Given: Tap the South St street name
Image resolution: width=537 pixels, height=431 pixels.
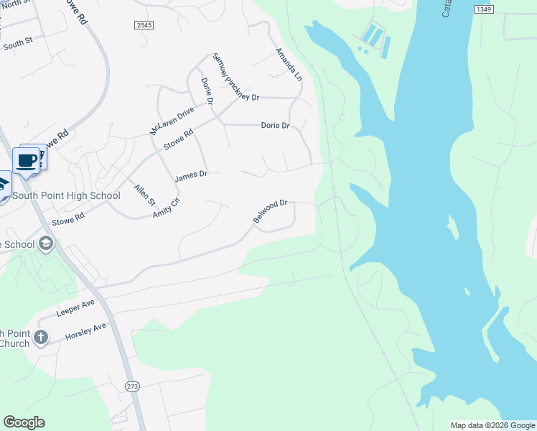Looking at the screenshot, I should [18, 43].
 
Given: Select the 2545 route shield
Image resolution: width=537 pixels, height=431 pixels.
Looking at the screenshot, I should [144, 24].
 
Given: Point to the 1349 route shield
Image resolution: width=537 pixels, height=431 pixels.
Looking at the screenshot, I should [483, 9].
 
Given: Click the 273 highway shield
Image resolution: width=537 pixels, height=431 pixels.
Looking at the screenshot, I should [132, 386].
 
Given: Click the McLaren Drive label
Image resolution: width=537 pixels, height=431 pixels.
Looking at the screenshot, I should [172, 121].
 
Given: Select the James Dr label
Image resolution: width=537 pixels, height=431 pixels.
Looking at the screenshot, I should [191, 175].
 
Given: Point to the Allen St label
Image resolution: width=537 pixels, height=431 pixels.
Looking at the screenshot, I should [144, 195].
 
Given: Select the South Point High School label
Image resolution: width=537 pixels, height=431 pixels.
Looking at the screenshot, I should [66, 195].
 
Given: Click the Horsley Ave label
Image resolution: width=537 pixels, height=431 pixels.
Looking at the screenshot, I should [85, 331].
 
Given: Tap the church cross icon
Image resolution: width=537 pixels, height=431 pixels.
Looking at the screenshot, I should [42, 336].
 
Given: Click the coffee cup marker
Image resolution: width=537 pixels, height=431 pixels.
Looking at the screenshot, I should [27, 161].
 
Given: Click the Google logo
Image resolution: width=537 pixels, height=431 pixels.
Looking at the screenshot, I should [24, 422].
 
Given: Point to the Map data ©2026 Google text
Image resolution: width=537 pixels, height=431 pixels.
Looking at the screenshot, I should [492, 425].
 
